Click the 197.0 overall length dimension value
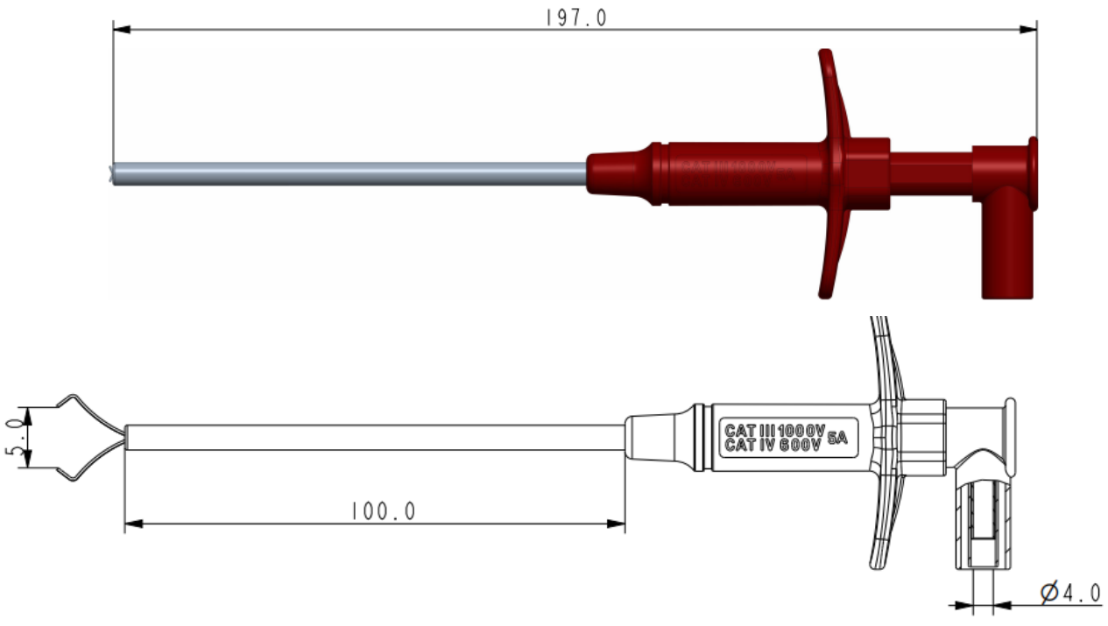(x=575, y=17)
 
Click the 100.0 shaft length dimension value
(x=383, y=511)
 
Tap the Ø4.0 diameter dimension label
(x=1069, y=593)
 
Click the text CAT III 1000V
(x=774, y=431)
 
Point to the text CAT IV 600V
(x=772, y=445)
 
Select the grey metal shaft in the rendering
(x=350, y=173)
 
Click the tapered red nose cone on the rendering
(x=618, y=172)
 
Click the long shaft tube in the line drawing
(x=377, y=437)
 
